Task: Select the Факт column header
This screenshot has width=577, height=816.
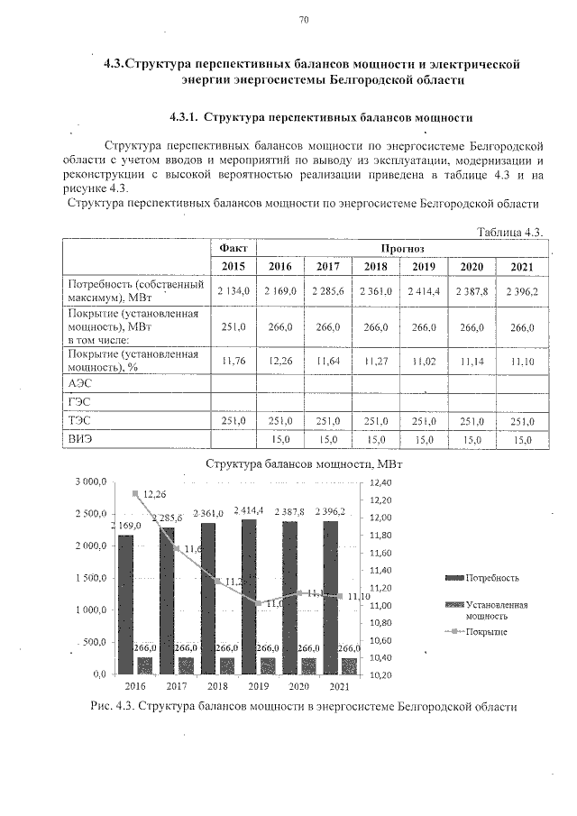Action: (x=233, y=247)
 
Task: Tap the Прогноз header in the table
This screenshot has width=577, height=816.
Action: (x=401, y=247)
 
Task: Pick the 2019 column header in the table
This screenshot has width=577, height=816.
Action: (x=423, y=267)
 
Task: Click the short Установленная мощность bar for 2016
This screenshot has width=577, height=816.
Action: (x=144, y=665)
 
